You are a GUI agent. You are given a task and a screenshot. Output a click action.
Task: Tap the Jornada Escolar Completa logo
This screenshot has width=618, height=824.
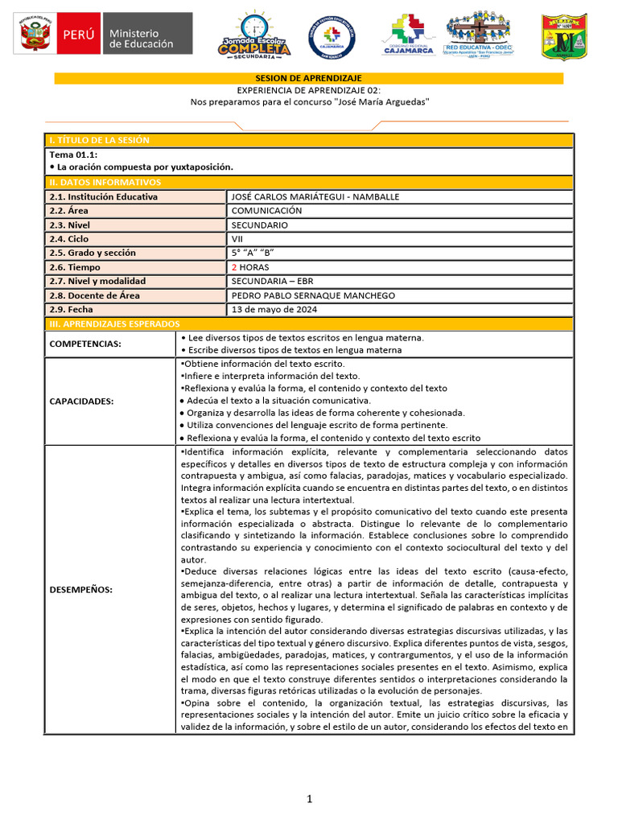pyautogui.click(x=253, y=36)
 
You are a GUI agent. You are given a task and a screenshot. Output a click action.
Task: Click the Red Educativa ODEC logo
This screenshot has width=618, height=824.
pyautogui.click(x=480, y=35)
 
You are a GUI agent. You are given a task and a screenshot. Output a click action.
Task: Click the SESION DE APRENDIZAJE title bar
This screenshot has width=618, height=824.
pyautogui.click(x=308, y=78)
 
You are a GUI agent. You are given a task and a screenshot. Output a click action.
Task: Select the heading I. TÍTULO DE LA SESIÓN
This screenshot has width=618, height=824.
pyautogui.click(x=100, y=140)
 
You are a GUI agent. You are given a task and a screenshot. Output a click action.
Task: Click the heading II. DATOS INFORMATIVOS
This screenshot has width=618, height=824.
pyautogui.click(x=105, y=183)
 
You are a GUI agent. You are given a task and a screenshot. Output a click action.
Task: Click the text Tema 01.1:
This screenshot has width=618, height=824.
pyautogui.click(x=73, y=154)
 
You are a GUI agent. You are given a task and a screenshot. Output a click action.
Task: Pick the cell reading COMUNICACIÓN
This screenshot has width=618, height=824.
pyautogui.click(x=266, y=211)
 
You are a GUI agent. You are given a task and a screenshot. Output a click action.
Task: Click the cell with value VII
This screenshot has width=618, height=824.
pyautogui.click(x=237, y=239)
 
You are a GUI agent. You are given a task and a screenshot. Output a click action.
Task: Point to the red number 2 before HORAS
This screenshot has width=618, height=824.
pyautogui.click(x=233, y=267)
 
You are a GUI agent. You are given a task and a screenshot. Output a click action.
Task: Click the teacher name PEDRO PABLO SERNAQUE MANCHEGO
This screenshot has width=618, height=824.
pyautogui.click(x=313, y=295)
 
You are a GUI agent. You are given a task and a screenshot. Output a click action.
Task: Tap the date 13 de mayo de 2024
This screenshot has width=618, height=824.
pyautogui.click(x=274, y=310)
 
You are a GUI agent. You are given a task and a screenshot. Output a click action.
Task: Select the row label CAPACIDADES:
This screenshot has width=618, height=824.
pyautogui.click(x=81, y=401)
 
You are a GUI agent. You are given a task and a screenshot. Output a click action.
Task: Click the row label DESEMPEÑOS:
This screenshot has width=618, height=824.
pyautogui.click(x=81, y=589)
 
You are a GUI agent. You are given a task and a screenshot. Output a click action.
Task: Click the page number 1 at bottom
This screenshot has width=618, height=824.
pyautogui.click(x=308, y=799)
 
